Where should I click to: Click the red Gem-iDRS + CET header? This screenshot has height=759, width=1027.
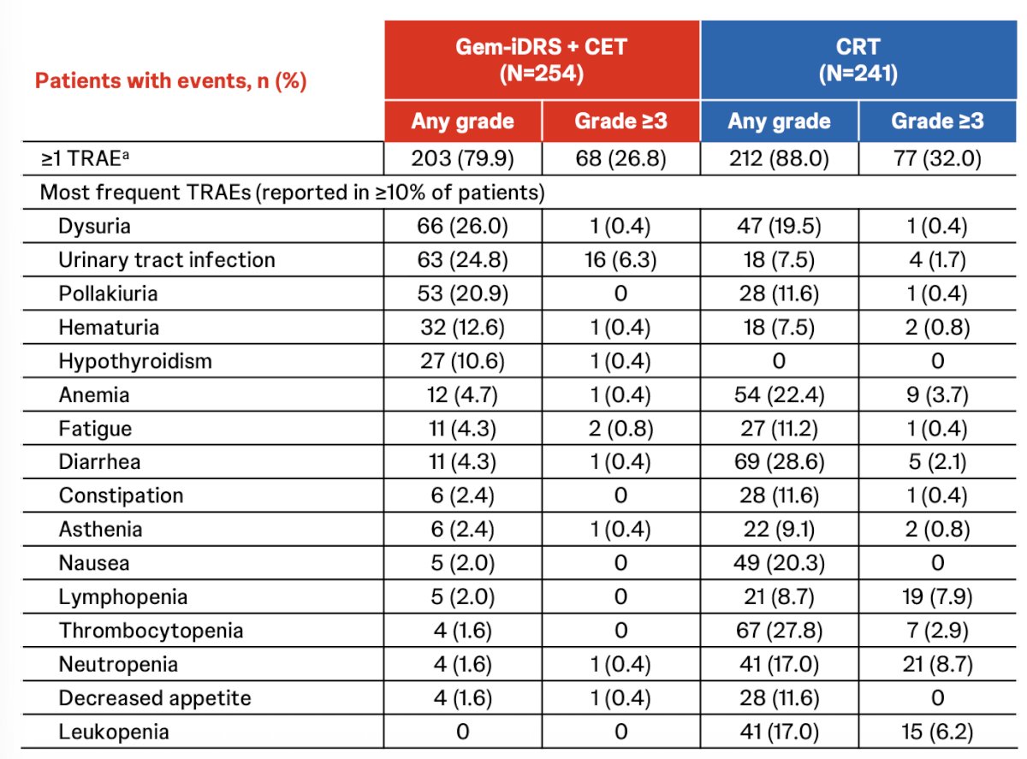point(541,60)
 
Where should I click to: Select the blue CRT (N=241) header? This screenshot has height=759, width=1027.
point(858,60)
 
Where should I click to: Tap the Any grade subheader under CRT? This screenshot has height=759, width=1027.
point(780,122)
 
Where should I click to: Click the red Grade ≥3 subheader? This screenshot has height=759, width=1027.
point(620,122)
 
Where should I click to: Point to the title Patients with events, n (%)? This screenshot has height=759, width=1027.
point(171,81)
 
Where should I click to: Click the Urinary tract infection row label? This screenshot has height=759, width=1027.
point(167,260)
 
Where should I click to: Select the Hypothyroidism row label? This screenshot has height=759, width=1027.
point(135,361)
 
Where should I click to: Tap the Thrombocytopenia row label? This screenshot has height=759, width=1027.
point(151,631)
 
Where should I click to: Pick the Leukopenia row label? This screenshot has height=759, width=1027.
point(114,732)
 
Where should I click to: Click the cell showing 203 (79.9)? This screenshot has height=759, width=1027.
point(462,159)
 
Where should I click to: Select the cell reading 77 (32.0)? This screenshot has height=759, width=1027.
point(938,159)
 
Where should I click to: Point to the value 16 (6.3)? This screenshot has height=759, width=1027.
point(620,260)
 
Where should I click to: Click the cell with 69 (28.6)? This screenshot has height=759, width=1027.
point(780,462)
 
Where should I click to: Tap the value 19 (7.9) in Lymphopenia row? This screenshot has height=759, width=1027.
point(938,597)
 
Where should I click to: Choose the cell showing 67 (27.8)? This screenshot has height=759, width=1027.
point(780,631)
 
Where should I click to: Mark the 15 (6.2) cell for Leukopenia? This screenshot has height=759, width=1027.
point(938,732)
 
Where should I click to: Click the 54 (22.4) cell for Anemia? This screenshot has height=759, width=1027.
point(780,395)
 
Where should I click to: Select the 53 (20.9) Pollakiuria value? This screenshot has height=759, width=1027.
point(462,294)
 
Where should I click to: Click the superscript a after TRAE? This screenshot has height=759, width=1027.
point(125,154)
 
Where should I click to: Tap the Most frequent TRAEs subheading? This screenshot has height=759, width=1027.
point(292,193)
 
